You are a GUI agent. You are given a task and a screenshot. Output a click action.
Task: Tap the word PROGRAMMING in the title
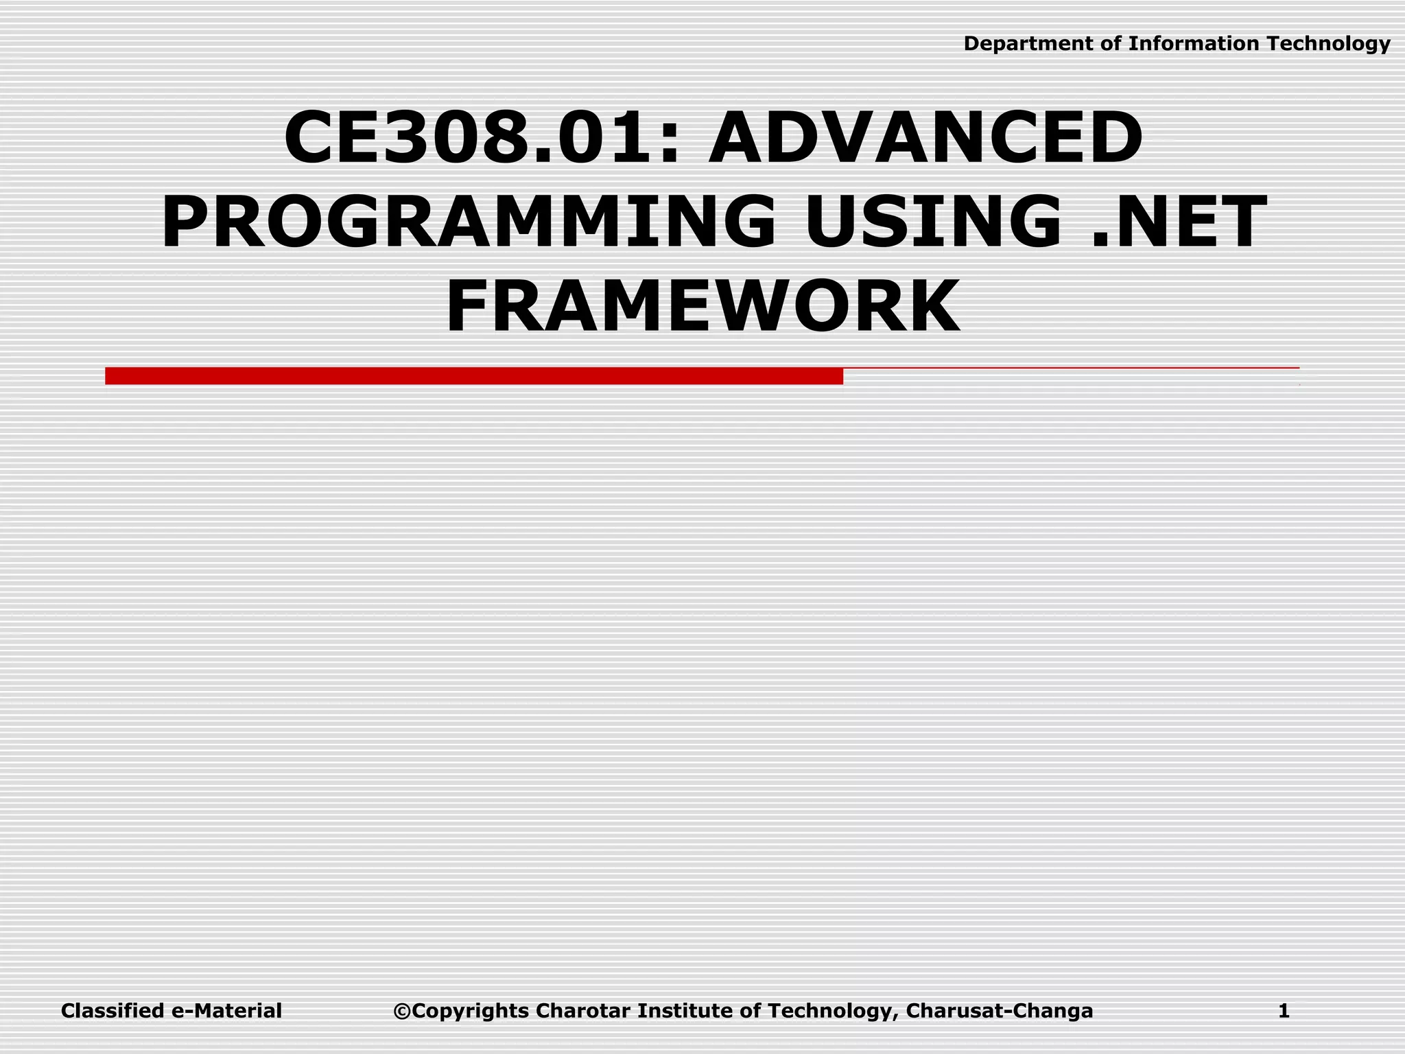pos(468,222)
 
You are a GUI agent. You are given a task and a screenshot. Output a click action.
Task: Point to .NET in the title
pos(1177,222)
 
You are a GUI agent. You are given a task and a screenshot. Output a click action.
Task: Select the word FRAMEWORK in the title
pos(702,306)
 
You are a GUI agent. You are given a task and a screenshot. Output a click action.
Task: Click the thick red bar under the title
pos(473,376)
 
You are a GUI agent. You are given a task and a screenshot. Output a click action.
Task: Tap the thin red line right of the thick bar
pos(1070,368)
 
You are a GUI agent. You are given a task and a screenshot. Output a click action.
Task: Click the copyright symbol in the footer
pos(402,1011)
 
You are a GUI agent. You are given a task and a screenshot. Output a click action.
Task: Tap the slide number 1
pos(1284,1011)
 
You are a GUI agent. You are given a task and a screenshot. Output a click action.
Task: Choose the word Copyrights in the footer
pos(471,1011)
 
